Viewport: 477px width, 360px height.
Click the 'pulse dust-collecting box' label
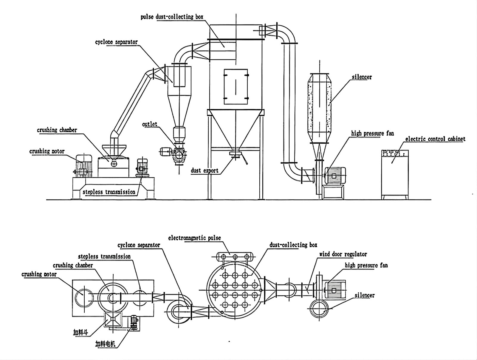click(172, 17)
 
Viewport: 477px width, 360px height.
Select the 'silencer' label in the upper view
click(362, 77)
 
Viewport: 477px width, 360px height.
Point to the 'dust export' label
click(205, 170)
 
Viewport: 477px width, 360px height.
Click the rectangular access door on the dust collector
click(236, 86)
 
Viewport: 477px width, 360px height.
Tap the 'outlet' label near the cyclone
click(149, 124)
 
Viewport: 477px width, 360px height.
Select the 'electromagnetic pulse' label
click(194, 238)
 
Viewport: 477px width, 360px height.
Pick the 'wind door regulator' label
click(343, 254)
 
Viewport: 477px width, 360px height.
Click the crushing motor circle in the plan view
click(83, 297)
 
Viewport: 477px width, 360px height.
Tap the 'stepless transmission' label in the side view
click(109, 192)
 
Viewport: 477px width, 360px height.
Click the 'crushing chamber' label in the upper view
click(57, 130)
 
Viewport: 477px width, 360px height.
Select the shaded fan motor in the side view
click(335, 175)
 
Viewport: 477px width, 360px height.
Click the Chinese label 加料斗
click(80, 332)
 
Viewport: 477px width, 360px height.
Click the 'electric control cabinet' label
click(435, 139)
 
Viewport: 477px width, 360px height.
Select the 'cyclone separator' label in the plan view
click(139, 245)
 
